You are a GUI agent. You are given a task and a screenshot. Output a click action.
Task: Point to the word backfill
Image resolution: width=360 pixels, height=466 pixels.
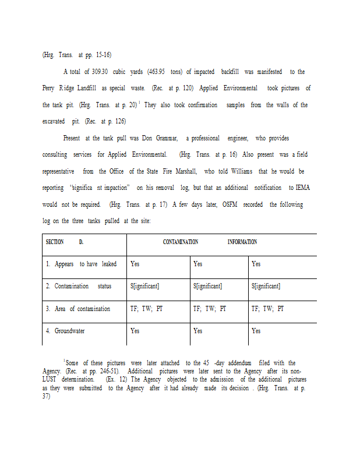(x=234, y=72)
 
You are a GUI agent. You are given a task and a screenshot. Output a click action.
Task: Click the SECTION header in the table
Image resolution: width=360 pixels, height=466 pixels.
(x=55, y=242)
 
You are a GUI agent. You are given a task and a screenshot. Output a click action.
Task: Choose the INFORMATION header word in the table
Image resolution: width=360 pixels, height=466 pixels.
(x=242, y=242)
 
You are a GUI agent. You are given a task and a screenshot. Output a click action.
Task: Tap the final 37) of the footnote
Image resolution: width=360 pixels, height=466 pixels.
(x=47, y=396)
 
